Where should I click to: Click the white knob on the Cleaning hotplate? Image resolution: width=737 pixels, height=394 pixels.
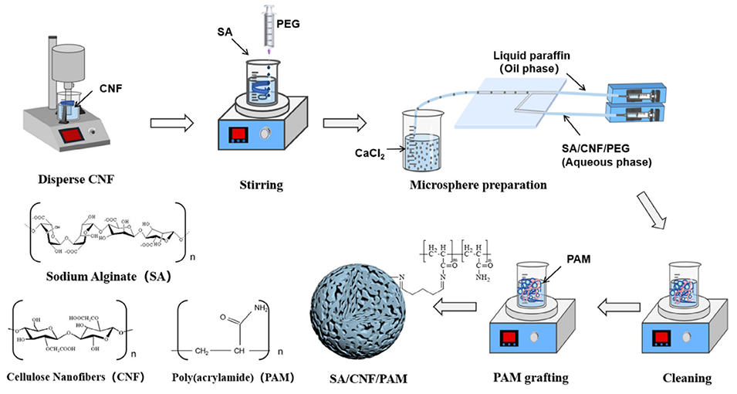pyautogui.click(x=698, y=338)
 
